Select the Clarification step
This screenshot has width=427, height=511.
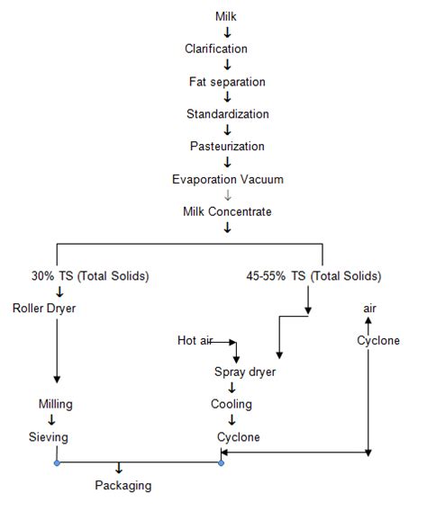[x=228, y=49]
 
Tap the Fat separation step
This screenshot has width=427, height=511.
[x=228, y=82]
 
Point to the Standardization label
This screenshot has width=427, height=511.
[x=228, y=114]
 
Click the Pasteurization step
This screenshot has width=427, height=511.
[x=228, y=147]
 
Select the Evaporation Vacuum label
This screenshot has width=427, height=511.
[x=228, y=179]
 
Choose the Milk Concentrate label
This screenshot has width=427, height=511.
[x=228, y=211]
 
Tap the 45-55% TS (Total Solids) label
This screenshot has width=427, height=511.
[x=313, y=275]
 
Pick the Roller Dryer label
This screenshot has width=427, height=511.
[x=45, y=308]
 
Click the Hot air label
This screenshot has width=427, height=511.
[x=197, y=340]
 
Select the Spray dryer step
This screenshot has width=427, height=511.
[x=244, y=372]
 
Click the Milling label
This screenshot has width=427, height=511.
[x=56, y=404]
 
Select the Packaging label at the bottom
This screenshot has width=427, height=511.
[x=123, y=486]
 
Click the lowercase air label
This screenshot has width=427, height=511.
[x=368, y=308]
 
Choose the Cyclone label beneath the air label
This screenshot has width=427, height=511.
[x=378, y=340]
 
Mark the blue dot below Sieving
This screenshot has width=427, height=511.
[x=57, y=463]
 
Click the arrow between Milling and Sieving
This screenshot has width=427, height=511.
[x=51, y=420]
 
